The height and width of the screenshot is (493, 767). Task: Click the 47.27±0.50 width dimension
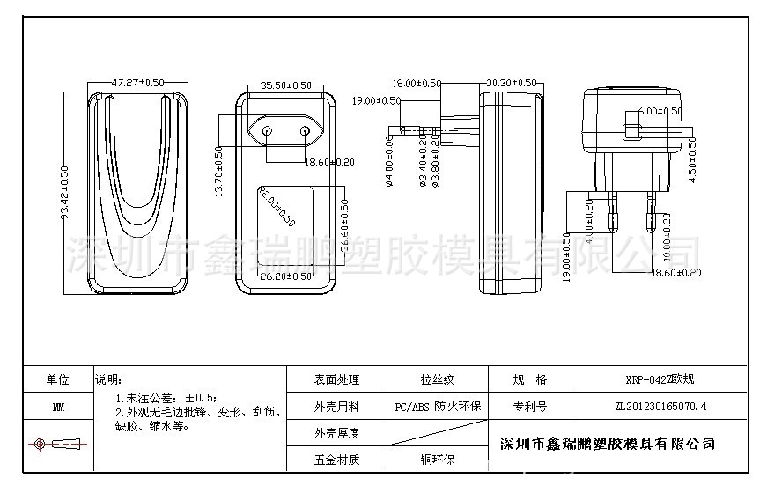(137, 82)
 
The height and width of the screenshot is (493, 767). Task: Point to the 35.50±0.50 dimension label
(285, 85)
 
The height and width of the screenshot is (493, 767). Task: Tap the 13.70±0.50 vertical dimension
(219, 171)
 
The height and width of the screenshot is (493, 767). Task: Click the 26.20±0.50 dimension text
(287, 276)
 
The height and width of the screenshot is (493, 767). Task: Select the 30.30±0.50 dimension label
(511, 82)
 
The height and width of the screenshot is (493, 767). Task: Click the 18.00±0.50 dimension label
(417, 83)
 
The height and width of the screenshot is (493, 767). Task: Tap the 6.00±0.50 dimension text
(659, 111)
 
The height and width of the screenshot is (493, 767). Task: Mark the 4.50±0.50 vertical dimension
(692, 159)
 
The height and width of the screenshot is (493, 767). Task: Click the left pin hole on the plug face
(268, 132)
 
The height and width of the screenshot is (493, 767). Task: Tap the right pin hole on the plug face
(305, 132)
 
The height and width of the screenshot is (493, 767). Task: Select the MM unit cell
(58, 408)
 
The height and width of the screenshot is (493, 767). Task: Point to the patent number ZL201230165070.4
(660, 407)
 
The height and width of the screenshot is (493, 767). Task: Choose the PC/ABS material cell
(437, 407)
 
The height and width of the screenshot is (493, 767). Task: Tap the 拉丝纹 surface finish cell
(437, 380)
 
